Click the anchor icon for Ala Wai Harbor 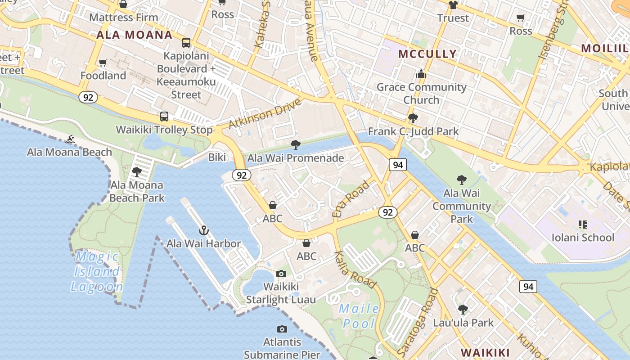click(x=204, y=231)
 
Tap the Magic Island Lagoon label click(x=97, y=272)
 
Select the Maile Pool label click(x=359, y=315)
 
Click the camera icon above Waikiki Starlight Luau click(x=281, y=274)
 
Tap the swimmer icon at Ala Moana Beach click(x=70, y=139)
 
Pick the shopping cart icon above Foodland click(x=103, y=63)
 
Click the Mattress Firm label click(x=124, y=18)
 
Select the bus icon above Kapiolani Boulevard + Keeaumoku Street click(x=186, y=43)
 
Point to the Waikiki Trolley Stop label click(x=164, y=130)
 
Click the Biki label click(x=217, y=157)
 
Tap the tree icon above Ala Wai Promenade click(x=296, y=145)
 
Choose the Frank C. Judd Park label click(x=413, y=131)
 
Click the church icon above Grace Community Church click(x=421, y=74)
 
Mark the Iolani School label click(x=583, y=238)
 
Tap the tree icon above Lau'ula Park click(x=463, y=310)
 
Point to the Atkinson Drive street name click(x=265, y=113)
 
